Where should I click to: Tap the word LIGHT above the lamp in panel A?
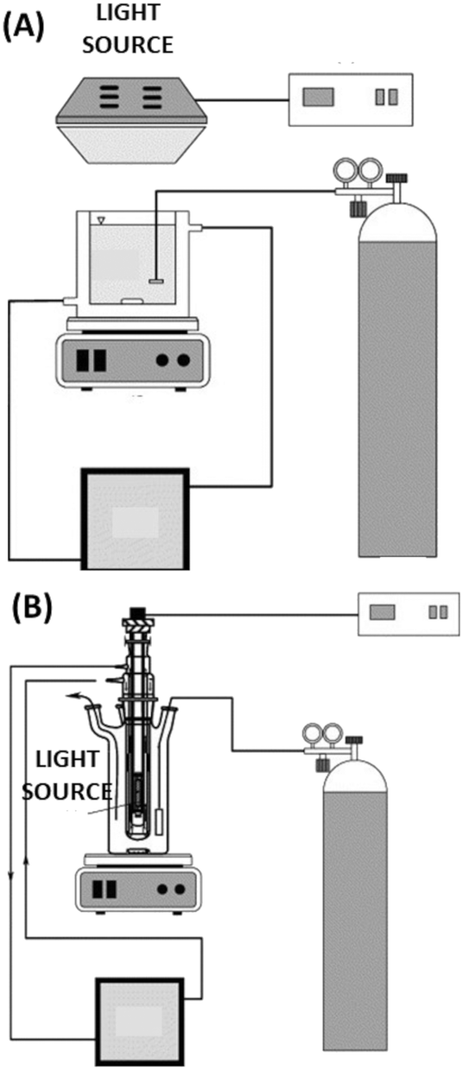tap(128, 13)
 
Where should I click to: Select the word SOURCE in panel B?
tap(67, 792)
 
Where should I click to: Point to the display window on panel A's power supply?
tap(318, 97)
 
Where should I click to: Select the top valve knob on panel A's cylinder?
tap(397, 178)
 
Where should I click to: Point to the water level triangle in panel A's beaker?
tap(100, 219)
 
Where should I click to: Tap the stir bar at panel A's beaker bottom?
tap(131, 300)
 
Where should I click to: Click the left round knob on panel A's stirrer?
tap(162, 360)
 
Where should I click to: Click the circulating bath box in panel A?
tap(136, 519)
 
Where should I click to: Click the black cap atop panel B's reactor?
tap(137, 612)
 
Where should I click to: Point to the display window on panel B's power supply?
tap(383, 612)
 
